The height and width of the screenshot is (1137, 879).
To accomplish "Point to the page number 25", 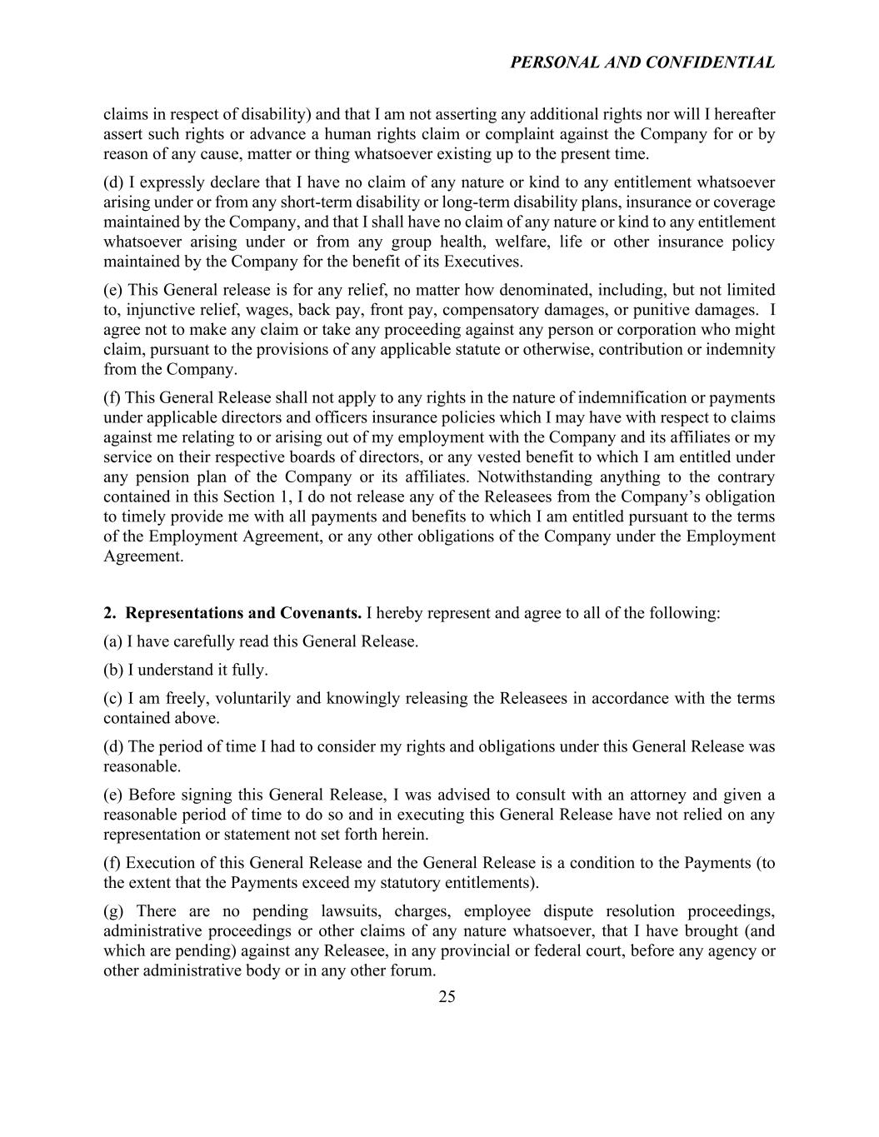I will coord(447,997).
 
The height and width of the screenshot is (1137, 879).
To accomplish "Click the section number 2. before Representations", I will coord(110,613).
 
